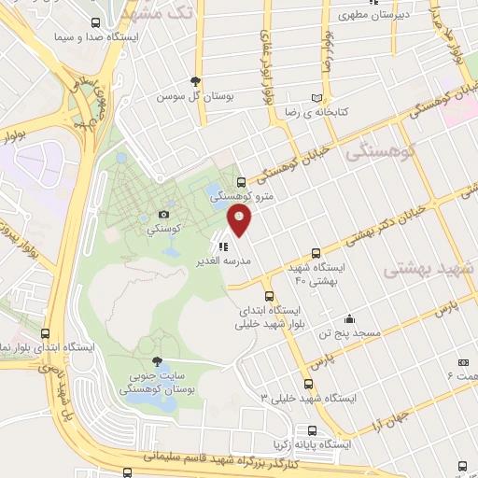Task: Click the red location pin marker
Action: click(x=241, y=220)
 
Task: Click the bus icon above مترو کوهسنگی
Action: click(x=242, y=182)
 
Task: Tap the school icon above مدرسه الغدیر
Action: click(x=222, y=247)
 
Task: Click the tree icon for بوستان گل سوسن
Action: click(x=194, y=81)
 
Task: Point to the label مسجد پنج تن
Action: click(x=345, y=332)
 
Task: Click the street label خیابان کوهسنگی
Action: click(x=296, y=162)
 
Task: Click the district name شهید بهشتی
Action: click(x=419, y=262)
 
